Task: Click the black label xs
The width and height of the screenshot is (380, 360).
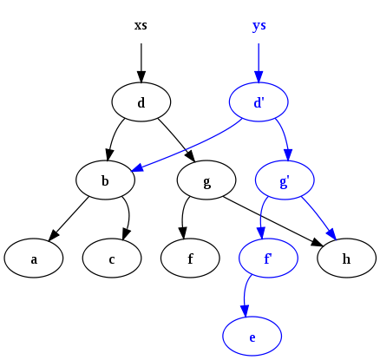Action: click(x=141, y=25)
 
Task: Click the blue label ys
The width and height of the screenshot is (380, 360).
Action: click(x=259, y=25)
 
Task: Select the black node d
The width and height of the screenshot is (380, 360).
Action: click(x=141, y=103)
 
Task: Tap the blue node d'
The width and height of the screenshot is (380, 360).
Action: click(x=259, y=103)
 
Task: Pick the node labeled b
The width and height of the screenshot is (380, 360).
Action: click(x=105, y=181)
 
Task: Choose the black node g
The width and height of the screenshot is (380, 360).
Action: click(x=206, y=181)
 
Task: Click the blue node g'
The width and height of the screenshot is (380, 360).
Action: click(x=285, y=181)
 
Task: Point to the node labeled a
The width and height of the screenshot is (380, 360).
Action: click(x=33, y=259)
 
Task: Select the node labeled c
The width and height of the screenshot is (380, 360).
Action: click(x=112, y=259)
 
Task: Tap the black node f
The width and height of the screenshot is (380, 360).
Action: click(x=190, y=259)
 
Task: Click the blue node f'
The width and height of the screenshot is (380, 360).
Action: click(x=268, y=259)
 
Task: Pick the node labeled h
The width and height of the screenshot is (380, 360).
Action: click(x=346, y=259)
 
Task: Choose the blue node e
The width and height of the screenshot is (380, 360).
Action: click(x=252, y=337)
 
